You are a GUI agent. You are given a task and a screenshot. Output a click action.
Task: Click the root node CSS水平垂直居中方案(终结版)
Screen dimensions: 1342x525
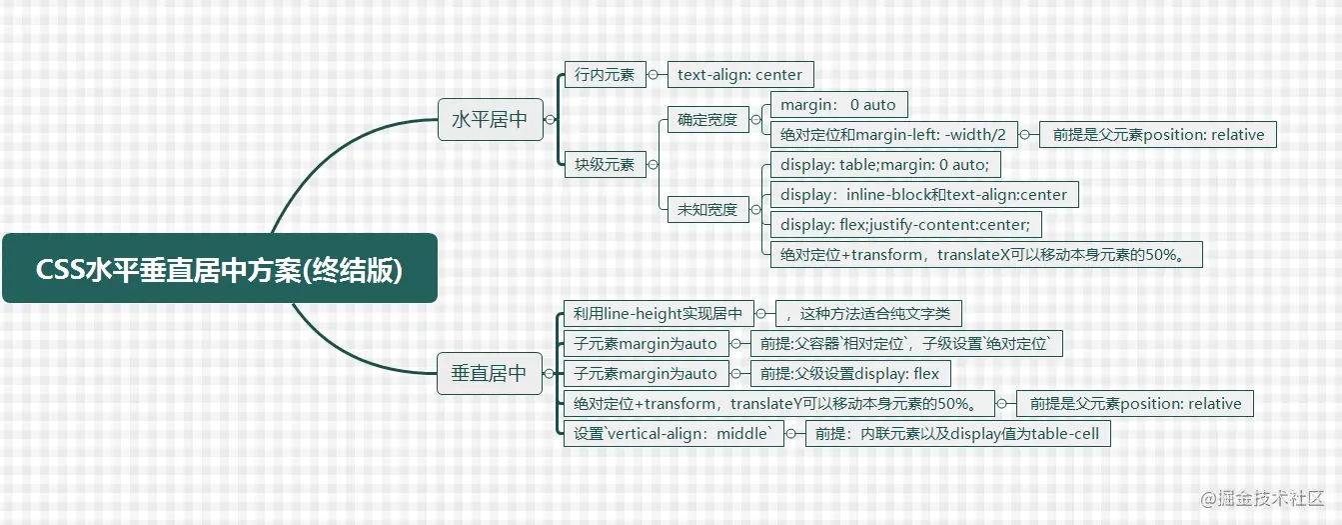click(x=220, y=268)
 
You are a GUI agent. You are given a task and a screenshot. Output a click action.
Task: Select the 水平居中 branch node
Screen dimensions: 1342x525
click(x=490, y=119)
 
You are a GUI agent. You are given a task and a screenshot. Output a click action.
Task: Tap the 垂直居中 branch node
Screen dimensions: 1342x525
click(x=490, y=373)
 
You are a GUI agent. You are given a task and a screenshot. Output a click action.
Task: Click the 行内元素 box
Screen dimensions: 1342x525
click(x=606, y=74)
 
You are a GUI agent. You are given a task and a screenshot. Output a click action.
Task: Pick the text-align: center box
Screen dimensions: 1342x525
click(x=740, y=74)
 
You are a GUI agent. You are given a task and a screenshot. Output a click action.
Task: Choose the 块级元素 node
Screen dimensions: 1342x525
click(x=606, y=164)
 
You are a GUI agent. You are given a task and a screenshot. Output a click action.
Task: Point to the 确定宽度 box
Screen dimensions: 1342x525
click(x=708, y=119)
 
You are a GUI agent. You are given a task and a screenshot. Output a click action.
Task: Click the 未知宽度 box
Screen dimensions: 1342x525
click(x=708, y=209)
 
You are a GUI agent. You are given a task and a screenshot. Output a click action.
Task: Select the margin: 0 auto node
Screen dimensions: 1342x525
click(x=838, y=104)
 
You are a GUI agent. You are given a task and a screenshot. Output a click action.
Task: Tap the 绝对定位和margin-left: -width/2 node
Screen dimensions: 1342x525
click(x=894, y=134)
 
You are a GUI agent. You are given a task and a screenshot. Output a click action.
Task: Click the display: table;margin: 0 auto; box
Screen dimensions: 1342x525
click(x=885, y=164)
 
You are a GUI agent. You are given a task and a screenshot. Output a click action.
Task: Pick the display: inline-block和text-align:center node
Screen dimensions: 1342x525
click(x=924, y=194)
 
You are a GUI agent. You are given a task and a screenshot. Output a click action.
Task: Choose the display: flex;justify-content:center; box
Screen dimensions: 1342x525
click(x=906, y=224)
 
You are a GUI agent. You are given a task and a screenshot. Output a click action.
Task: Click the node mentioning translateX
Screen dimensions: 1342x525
click(x=986, y=254)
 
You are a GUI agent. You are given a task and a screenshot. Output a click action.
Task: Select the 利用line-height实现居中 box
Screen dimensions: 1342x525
click(x=659, y=313)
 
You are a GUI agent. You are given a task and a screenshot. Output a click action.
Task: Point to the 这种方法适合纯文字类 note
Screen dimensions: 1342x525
click(x=868, y=313)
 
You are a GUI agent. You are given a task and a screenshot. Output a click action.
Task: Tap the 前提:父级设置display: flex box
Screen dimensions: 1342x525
click(x=850, y=373)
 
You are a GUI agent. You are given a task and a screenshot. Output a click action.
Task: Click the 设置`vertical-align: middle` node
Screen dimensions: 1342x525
click(x=673, y=433)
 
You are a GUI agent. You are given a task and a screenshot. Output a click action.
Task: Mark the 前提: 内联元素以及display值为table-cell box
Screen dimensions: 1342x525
click(x=957, y=433)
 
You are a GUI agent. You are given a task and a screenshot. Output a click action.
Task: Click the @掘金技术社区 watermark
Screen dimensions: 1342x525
click(x=1262, y=498)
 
